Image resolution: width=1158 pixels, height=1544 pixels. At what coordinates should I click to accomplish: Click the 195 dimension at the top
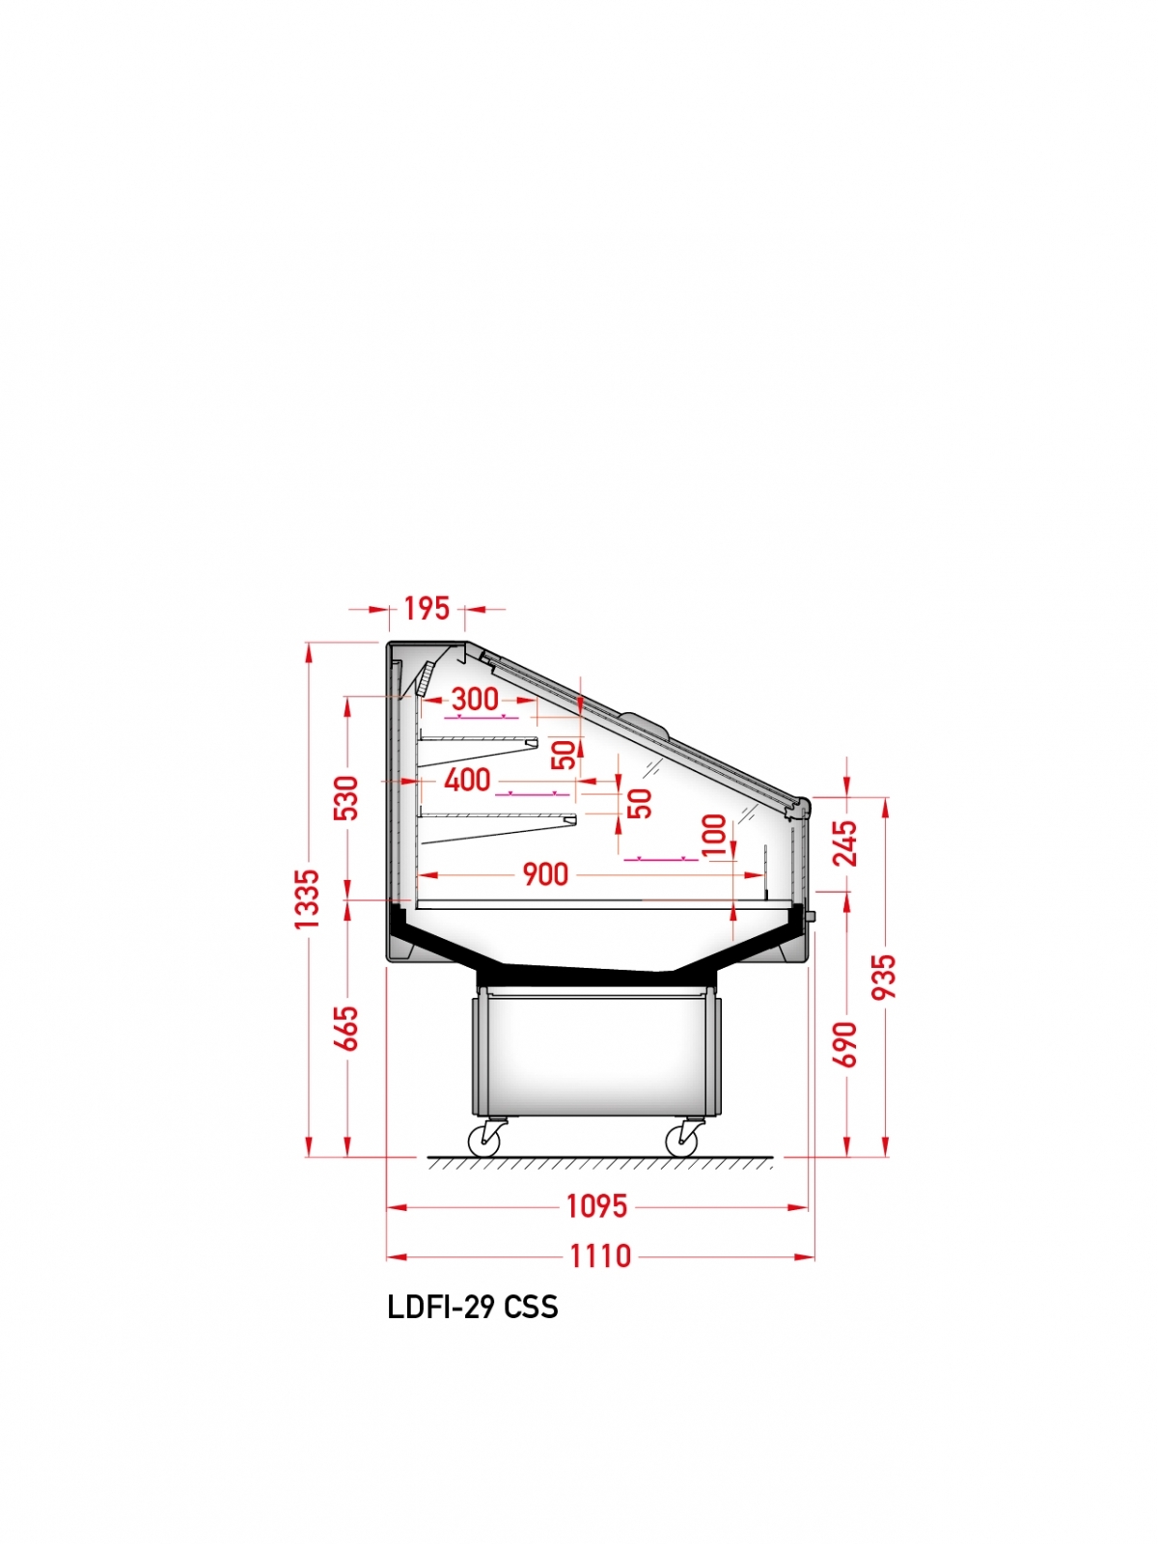click(x=427, y=609)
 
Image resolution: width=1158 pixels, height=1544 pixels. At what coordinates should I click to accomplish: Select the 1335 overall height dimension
click(x=307, y=899)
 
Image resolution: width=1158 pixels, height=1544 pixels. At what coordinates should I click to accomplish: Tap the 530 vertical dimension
click(x=345, y=798)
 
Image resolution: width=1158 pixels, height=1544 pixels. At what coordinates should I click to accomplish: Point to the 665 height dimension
click(x=345, y=1029)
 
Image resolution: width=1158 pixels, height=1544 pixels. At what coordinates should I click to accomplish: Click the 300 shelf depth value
click(x=476, y=700)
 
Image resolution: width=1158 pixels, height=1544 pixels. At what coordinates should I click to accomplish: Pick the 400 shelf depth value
click(x=468, y=780)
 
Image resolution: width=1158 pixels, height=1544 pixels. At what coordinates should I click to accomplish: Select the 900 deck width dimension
click(x=545, y=874)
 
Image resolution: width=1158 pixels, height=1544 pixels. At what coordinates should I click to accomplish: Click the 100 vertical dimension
click(x=714, y=835)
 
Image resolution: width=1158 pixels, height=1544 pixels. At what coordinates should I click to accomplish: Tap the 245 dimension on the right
click(x=845, y=843)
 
